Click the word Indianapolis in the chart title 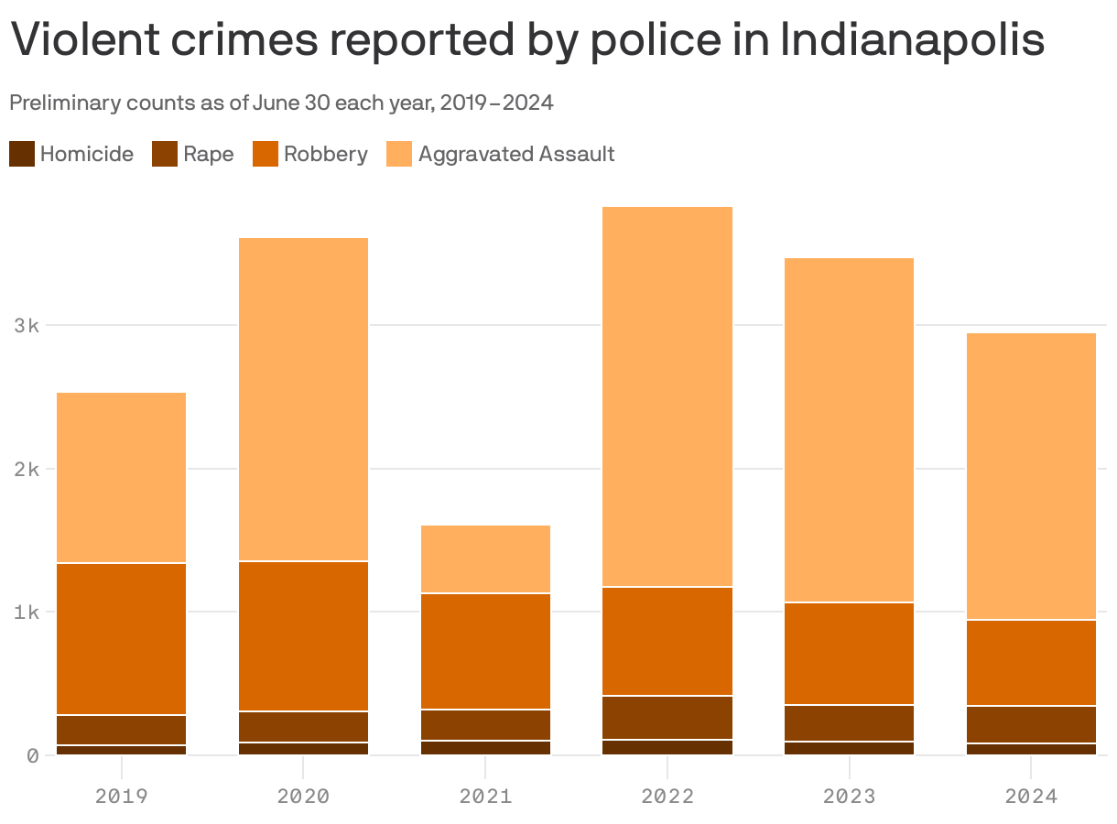(912, 40)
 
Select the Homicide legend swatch (22, 154)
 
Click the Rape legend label (208, 154)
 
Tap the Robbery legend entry (325, 154)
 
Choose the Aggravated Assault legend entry (515, 154)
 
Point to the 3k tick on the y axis (27, 325)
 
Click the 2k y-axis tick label (27, 469)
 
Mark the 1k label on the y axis (27, 612)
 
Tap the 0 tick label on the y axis (32, 755)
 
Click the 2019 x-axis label (121, 796)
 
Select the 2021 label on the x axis (485, 796)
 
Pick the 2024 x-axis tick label (1031, 796)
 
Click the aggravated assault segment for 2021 (485, 559)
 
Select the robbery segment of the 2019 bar (121, 639)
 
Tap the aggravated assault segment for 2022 (667, 396)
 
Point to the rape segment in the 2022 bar (667, 718)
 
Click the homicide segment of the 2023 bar (849, 748)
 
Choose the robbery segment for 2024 (1031, 663)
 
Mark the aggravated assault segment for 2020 (303, 399)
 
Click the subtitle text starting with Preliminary (281, 103)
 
